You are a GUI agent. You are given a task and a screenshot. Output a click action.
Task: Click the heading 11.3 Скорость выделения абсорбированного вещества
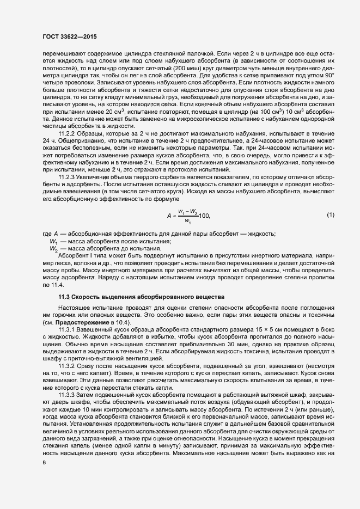coord(141,297)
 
